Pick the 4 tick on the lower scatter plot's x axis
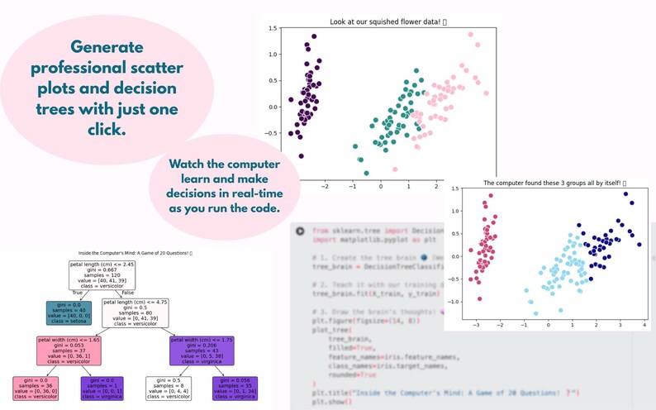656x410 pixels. coord(643,325)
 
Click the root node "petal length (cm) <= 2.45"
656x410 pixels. coord(102,274)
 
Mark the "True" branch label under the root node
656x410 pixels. coord(78,292)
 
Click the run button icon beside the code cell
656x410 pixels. coord(300,231)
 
